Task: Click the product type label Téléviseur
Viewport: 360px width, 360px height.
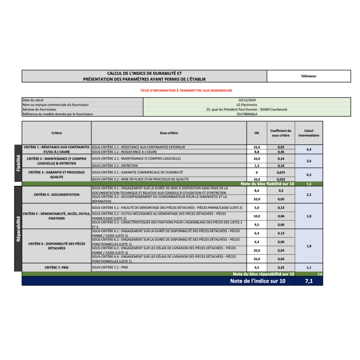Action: tap(309, 76)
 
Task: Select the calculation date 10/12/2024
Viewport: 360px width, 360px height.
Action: tap(247, 100)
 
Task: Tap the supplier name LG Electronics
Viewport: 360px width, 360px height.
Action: tap(247, 104)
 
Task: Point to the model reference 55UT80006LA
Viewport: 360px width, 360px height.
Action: tap(247, 114)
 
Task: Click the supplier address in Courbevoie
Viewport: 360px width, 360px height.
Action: tap(247, 109)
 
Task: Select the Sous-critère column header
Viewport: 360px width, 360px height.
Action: tap(169, 133)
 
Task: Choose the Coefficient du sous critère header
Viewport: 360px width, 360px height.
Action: tap(281, 133)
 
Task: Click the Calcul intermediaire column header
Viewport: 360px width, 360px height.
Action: tap(309, 133)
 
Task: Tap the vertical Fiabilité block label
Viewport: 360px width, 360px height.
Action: tap(18, 163)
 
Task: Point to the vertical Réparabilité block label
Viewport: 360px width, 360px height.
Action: tap(18, 228)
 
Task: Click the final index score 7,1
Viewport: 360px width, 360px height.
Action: tap(309, 281)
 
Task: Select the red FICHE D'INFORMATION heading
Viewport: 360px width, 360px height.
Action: tap(186, 90)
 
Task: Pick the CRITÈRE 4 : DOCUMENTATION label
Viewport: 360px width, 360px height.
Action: tap(56, 195)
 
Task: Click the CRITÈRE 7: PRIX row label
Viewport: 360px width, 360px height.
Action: tap(56, 267)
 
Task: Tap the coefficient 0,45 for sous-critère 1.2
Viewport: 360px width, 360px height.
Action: tap(281, 152)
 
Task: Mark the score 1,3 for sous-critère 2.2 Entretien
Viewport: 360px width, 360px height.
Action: tap(257, 166)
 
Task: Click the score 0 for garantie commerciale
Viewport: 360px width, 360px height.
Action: tap(257, 172)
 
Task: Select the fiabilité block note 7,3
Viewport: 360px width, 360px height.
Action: tap(309, 184)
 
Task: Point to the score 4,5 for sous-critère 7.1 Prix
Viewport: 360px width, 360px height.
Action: tap(257, 267)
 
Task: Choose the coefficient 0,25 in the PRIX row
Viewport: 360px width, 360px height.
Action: tap(281, 267)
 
